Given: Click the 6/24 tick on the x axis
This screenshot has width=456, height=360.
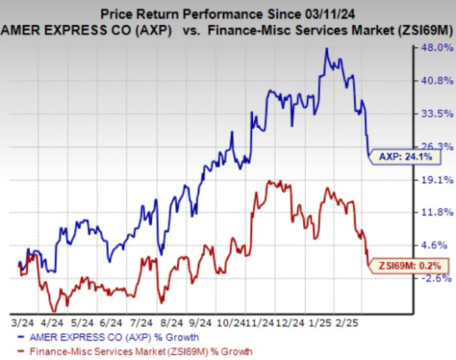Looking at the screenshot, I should coord(108,323).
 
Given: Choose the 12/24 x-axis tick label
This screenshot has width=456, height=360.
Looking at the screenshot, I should coord(275,323).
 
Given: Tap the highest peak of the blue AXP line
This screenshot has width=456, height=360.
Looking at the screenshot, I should coord(326,49).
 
